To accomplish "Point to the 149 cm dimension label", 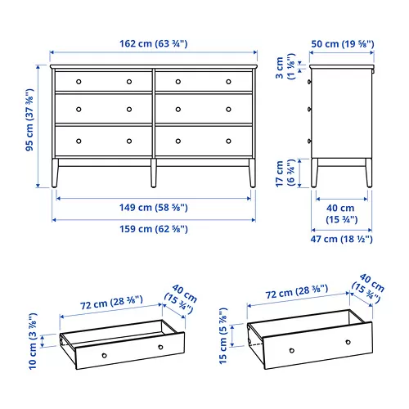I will pos(154,207).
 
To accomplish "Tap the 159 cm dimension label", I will pos(154,229).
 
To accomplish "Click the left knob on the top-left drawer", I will pos(79,81).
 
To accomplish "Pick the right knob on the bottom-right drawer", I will pos(228,139).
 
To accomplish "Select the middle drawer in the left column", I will pos(103,108).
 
